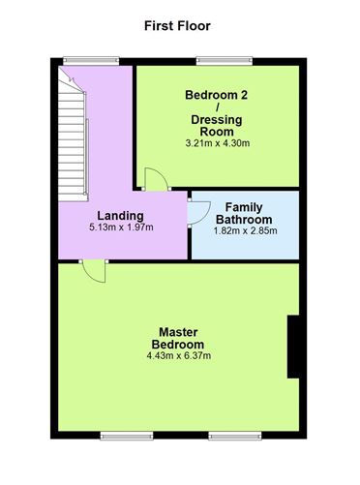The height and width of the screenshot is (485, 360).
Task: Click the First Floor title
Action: pyautogui.click(x=177, y=26)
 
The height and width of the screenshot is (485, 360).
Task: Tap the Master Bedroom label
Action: pyautogui.click(x=178, y=338)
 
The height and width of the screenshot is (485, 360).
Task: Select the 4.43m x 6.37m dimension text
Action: pyautogui.click(x=179, y=355)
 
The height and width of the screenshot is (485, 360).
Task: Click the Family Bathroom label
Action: pyautogui.click(x=244, y=213)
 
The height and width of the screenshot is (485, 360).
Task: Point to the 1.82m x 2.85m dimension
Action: pyautogui.click(x=245, y=230)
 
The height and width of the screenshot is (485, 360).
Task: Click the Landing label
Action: pyautogui.click(x=120, y=216)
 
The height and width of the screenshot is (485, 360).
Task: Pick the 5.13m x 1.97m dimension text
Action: pyautogui.click(x=121, y=227)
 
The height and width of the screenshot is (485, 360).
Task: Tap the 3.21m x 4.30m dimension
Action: pyautogui.click(x=218, y=143)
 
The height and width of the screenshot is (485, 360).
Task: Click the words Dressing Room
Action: pyautogui.click(x=217, y=126)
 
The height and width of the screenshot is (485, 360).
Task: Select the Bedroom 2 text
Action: pyautogui.click(x=216, y=95)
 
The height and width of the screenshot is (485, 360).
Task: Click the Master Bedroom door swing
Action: pyautogui.click(x=95, y=272)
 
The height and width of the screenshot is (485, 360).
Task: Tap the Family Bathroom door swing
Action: pyautogui.click(x=199, y=213)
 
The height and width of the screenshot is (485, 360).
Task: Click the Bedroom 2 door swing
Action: pyautogui.click(x=156, y=179)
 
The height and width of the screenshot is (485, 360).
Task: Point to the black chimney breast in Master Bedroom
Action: pyautogui.click(x=293, y=347)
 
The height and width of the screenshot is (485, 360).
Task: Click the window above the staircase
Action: pyautogui.click(x=91, y=61)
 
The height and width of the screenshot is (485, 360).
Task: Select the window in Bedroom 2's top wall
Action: pyautogui.click(x=225, y=61)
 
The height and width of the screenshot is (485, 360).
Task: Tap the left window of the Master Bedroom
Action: pyautogui.click(x=127, y=436)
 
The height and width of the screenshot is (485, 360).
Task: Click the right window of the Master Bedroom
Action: pyautogui.click(x=235, y=436)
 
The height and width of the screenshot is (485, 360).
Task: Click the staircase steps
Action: pyautogui.click(x=73, y=138)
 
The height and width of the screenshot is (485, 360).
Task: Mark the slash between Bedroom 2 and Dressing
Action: pyautogui.click(x=217, y=107)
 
